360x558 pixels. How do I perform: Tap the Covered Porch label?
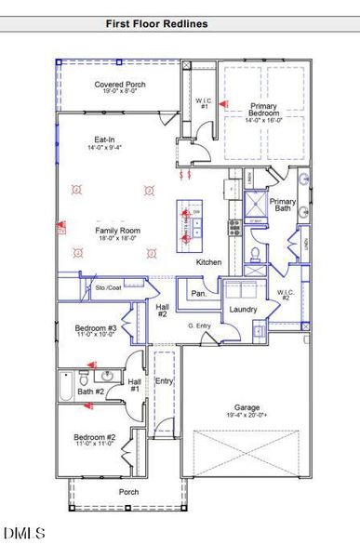pyautogui.click(x=120, y=87)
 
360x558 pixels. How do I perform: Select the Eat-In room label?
pyautogui.click(x=101, y=141)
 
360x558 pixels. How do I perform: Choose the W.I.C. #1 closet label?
pyautogui.click(x=204, y=103)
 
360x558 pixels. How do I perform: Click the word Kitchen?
pyautogui.click(x=208, y=262)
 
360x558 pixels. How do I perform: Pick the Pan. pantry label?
pyautogui.click(x=198, y=293)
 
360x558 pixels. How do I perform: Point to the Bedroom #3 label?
pyautogui.click(x=96, y=330)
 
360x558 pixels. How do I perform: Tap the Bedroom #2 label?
pyautogui.click(x=95, y=439)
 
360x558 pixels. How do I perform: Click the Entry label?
pyautogui.click(x=164, y=381)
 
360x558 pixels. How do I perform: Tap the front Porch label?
pyautogui.click(x=128, y=491)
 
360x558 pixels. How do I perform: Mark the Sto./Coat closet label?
pyautogui.click(x=108, y=287)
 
